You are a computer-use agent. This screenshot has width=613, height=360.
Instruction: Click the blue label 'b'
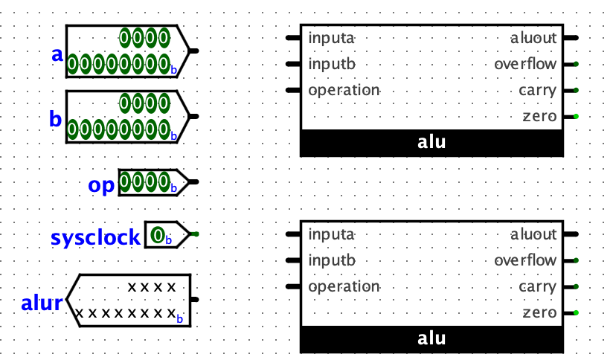[56, 119]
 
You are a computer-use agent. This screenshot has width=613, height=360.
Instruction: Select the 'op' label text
[102, 185]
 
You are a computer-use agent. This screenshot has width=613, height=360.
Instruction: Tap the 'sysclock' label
[95, 237]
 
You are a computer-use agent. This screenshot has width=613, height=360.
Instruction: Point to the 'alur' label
[42, 303]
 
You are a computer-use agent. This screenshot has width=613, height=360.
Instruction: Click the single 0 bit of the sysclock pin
[158, 236]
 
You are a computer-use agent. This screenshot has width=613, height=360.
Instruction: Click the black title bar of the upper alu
[431, 142]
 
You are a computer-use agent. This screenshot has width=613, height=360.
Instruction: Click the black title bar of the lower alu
[431, 338]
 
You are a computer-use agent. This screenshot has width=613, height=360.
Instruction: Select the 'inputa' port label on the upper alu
[332, 38]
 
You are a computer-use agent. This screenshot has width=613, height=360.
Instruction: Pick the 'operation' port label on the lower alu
[344, 286]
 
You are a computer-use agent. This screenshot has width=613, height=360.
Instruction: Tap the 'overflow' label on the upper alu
[525, 64]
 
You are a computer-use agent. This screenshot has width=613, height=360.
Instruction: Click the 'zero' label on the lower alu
[539, 312]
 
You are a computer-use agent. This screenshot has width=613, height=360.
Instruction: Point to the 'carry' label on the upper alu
[537, 90]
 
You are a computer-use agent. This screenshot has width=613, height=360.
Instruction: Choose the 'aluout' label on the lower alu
[533, 234]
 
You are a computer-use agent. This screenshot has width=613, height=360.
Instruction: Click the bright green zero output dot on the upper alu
[576, 116]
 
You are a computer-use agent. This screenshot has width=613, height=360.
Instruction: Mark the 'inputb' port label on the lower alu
[332, 260]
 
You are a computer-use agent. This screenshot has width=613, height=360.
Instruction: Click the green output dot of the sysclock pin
[194, 234]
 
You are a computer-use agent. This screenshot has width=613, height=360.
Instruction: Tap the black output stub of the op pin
[194, 181]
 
